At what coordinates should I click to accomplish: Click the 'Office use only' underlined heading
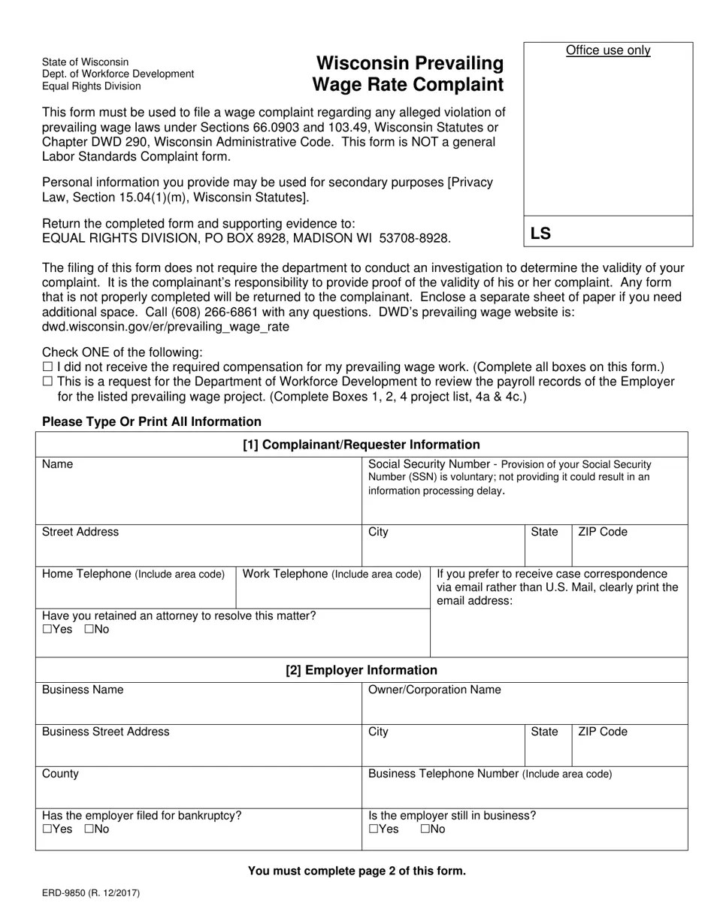pos(608,50)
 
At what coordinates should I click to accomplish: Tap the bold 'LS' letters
pos(540,234)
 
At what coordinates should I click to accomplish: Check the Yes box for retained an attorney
pos(47,630)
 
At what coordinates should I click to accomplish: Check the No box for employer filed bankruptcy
pos(89,829)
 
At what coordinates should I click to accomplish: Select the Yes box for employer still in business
pos(374,829)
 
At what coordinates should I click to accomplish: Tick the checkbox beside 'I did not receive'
pos(47,367)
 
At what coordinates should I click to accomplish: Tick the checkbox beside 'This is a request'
pos(47,382)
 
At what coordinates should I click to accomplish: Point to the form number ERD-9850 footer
pos(90,893)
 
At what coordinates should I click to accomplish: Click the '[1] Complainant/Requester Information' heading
pos(362,445)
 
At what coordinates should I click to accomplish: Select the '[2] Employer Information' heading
pos(362,670)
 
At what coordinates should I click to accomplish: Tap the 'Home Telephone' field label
pos(86,574)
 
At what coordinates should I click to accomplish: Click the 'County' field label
pos(60,774)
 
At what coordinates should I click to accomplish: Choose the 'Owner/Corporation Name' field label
pos(434,690)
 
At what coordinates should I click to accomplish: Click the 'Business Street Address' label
pos(106,732)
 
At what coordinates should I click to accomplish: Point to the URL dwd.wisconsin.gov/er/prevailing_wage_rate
pos(165,328)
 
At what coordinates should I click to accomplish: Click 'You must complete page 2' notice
pos(357,871)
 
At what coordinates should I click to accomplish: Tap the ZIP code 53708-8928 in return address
pos(414,238)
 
